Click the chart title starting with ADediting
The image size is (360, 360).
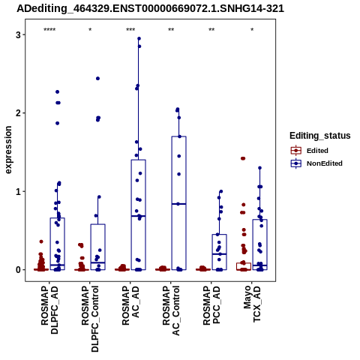(150, 9)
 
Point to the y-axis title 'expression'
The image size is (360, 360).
(8, 150)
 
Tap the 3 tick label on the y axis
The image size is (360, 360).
(18, 34)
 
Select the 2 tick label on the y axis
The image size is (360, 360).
(18, 113)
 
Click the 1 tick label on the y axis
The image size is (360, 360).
(18, 191)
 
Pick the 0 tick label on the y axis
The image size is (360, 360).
(18, 270)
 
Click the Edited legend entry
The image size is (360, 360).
(317, 151)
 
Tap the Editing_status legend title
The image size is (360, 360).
(320, 136)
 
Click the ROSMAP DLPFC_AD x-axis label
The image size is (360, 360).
(49, 310)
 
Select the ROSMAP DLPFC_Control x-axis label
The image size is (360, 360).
(90, 319)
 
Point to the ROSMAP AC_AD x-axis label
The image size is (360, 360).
(130, 305)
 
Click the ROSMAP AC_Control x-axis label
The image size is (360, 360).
(171, 310)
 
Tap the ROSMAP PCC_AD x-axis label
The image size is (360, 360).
(211, 305)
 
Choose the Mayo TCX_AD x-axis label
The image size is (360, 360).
(252, 304)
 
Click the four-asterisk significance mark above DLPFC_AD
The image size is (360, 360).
(49, 30)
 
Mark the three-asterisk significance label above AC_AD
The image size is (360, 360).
(130, 30)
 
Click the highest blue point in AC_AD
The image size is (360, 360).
(139, 38)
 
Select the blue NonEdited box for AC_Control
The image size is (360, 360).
(178, 203)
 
